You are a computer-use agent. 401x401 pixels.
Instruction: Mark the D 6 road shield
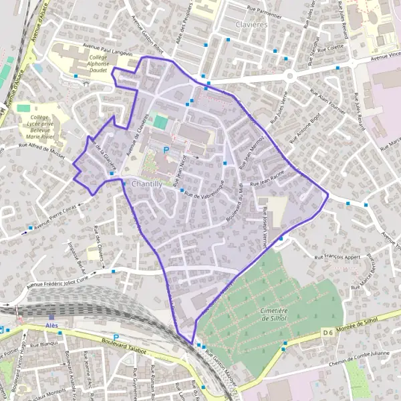327,331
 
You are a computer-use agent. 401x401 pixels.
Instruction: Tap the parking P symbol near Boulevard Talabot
116,337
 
